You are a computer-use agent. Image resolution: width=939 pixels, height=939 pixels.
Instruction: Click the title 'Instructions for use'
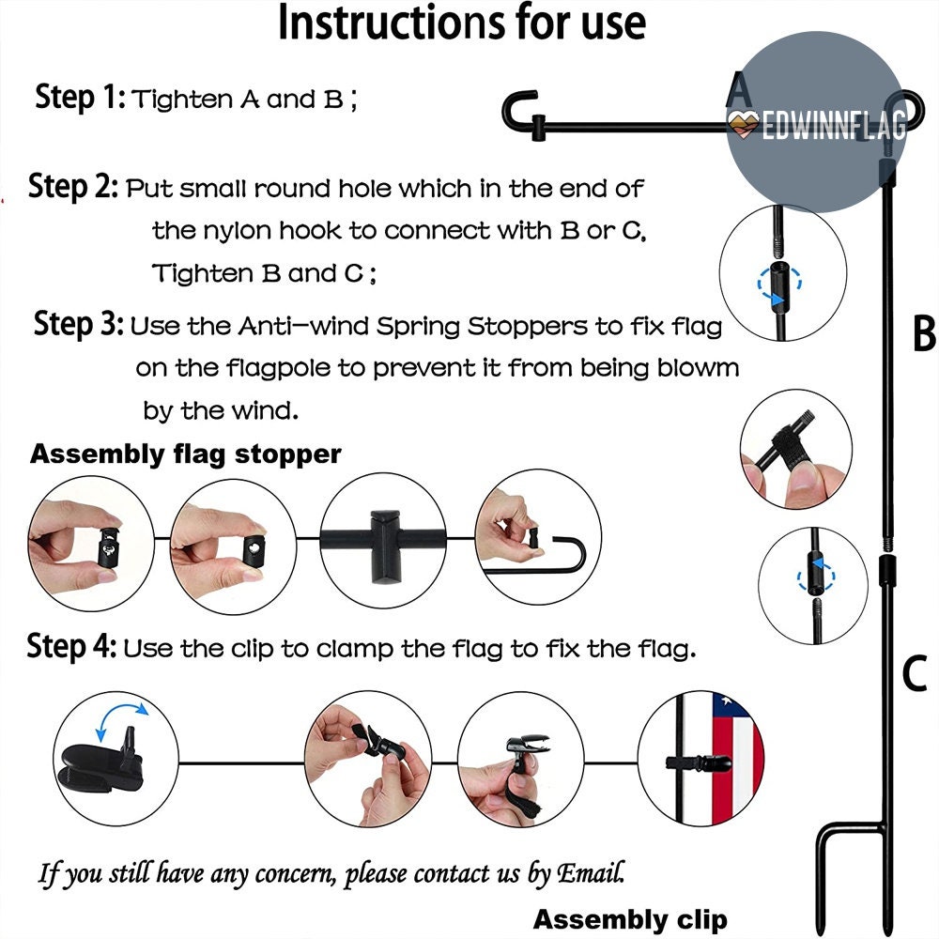coord(462,23)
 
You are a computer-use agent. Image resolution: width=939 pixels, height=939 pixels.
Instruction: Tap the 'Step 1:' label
coord(80,97)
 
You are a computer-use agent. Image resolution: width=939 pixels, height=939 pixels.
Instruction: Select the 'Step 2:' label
coord(73,186)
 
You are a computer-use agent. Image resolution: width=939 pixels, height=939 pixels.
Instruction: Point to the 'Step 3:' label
coord(79,324)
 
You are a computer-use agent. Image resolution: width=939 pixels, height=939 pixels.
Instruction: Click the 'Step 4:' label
coord(72,647)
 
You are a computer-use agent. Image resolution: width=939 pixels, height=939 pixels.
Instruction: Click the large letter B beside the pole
coord(924,334)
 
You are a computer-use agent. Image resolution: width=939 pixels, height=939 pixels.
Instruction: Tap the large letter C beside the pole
coord(915,673)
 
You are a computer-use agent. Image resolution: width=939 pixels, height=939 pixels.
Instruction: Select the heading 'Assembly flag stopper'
coord(186,454)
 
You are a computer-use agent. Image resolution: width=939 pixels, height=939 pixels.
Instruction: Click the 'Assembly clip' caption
coord(630,919)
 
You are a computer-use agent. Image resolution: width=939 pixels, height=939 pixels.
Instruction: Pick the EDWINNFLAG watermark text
coord(834,127)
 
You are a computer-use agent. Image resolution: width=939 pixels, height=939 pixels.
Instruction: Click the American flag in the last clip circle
coord(736,759)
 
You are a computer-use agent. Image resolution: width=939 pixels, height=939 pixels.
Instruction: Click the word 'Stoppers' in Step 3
coord(527,327)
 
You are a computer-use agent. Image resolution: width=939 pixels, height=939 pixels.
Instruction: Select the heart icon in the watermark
coord(743,124)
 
